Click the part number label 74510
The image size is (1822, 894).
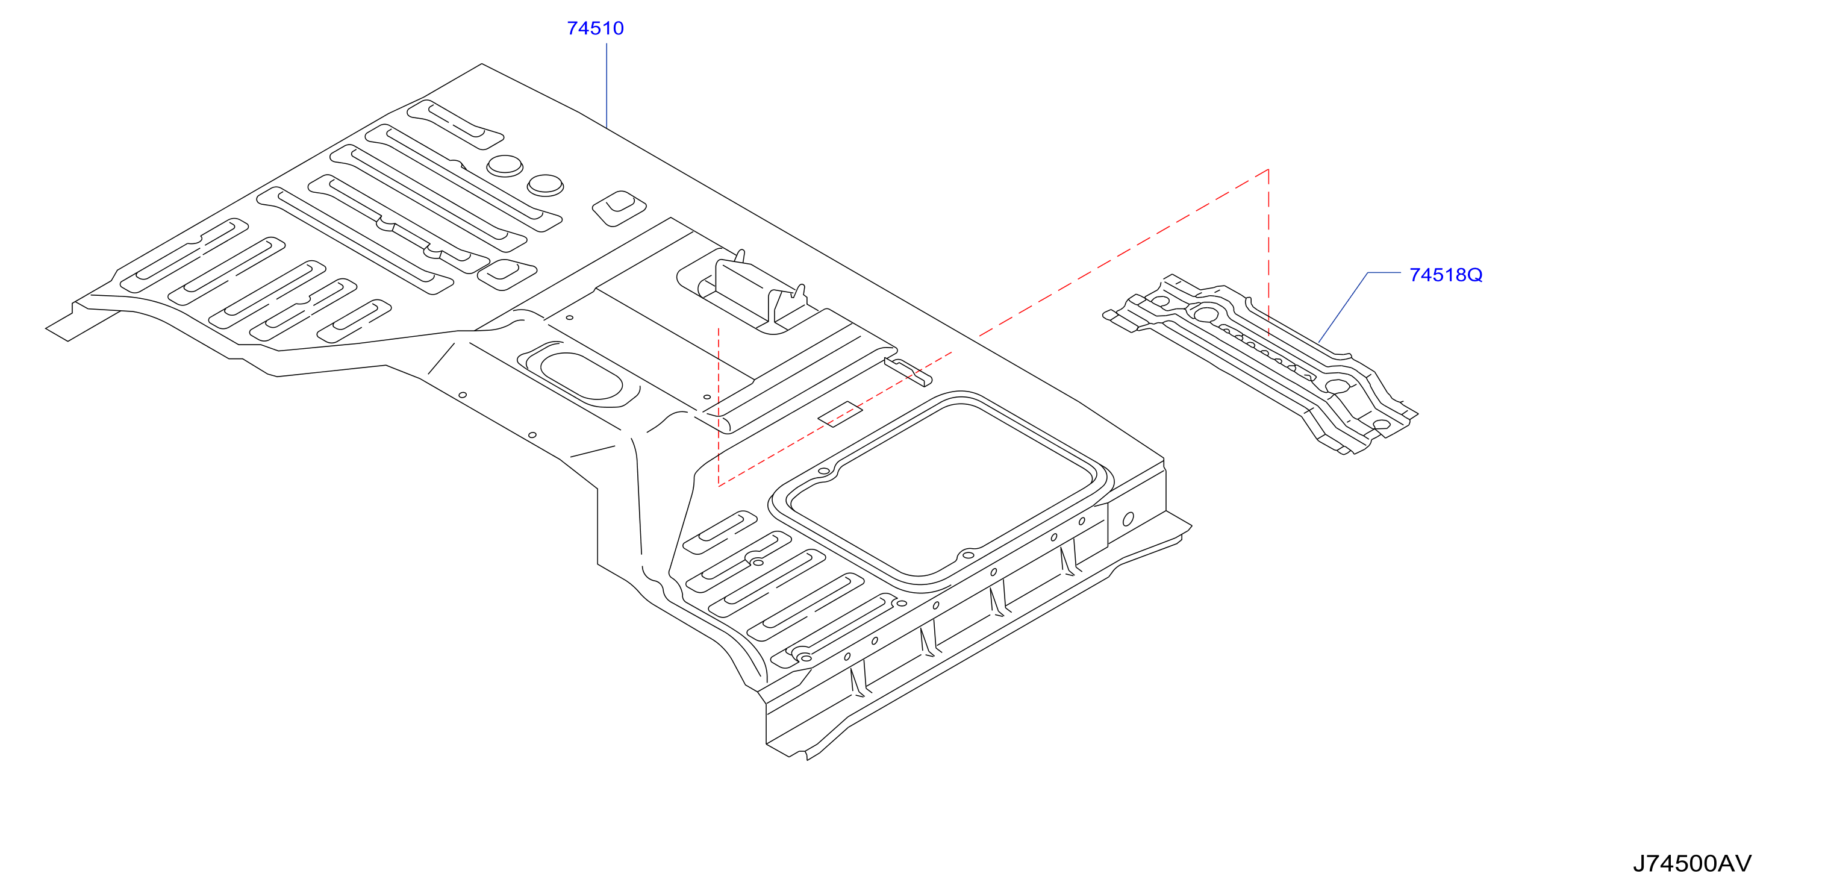coord(595,28)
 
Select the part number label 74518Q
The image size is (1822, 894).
coord(1446,275)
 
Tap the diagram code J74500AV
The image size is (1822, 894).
coord(1692,864)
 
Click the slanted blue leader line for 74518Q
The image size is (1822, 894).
coord(1343,308)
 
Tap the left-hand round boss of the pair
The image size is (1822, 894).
coord(505,166)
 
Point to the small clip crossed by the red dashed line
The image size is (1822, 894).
coord(908,372)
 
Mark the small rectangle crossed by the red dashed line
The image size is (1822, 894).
coord(840,414)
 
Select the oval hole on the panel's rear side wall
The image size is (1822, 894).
coord(1128,519)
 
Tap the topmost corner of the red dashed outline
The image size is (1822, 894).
coord(1268,169)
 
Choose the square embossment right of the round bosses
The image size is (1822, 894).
coord(619,208)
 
